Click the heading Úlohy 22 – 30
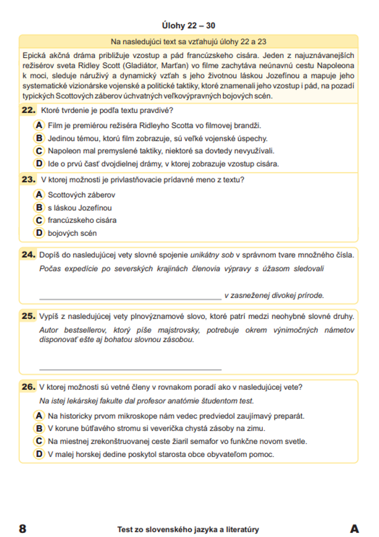pyautogui.click(x=188, y=25)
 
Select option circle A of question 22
pyautogui.click(x=39, y=125)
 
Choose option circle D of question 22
pyautogui.click(x=39, y=164)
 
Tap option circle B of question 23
pyautogui.click(x=39, y=208)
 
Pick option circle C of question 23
pyautogui.click(x=39, y=220)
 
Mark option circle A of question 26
pyautogui.click(x=39, y=416)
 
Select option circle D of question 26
pyautogui.click(x=39, y=454)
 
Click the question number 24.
pyautogui.click(x=28, y=255)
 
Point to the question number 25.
pyautogui.click(x=28, y=316)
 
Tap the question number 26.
pyautogui.click(x=28, y=387)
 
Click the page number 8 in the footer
pyautogui.click(x=23, y=529)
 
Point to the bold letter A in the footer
pyautogui.click(x=354, y=529)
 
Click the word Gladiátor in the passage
pyautogui.click(x=140, y=66)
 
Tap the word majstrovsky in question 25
pyautogui.click(x=179, y=330)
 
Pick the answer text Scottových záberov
pyautogui.click(x=81, y=195)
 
